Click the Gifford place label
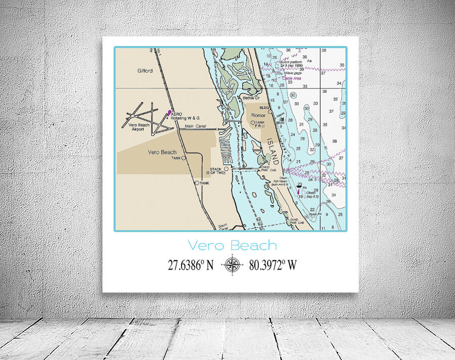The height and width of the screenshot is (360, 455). pyautogui.click(x=145, y=71)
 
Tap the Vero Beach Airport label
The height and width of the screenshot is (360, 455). pyautogui.click(x=139, y=127)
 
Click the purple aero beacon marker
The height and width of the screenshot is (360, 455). pyautogui.click(x=169, y=112)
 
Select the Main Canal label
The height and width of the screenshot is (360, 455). pyautogui.click(x=195, y=126)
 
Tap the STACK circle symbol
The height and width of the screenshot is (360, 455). pyautogui.click(x=226, y=168)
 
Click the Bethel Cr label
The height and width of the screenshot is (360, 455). pyautogui.click(x=251, y=98)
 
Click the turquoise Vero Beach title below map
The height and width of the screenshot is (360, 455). pyautogui.click(x=232, y=246)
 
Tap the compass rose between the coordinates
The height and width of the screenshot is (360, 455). pyautogui.click(x=232, y=264)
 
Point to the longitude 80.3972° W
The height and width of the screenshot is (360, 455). pyautogui.click(x=272, y=264)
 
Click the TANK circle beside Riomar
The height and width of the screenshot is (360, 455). pyautogui.click(x=253, y=122)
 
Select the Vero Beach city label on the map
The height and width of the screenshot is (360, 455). pyautogui.click(x=162, y=152)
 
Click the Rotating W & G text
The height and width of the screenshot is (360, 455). pyautogui.click(x=188, y=118)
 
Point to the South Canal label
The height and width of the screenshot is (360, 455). pyautogui.click(x=223, y=227)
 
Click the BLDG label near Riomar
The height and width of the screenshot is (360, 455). pyautogui.click(x=263, y=108)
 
